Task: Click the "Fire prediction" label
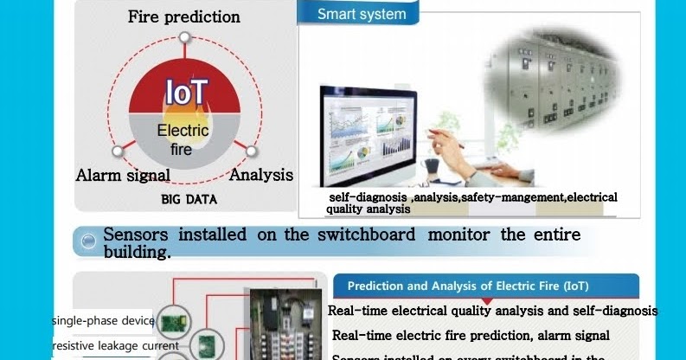(183, 16)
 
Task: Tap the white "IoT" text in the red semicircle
(185, 93)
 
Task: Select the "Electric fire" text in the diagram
(182, 139)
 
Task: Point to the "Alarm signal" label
(123, 176)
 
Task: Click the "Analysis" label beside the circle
(260, 175)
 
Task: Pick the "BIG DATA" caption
(189, 200)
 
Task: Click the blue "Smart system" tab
(361, 14)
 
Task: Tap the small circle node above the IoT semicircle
(184, 37)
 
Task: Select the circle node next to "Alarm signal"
(119, 151)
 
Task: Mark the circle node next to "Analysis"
(251, 151)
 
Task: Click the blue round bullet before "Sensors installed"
(87, 242)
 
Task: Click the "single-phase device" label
(102, 321)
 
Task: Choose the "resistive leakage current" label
(116, 346)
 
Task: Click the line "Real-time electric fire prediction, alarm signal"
(471, 335)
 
